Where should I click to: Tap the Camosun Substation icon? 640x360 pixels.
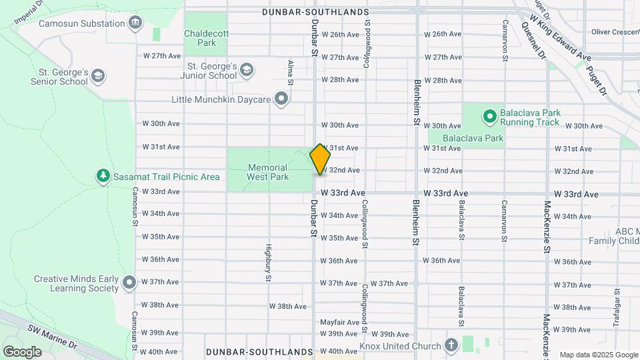point(136,23)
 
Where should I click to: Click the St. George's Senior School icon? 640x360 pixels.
point(99,75)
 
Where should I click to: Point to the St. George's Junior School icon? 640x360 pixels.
point(247,70)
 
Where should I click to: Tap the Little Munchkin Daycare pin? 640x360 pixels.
point(282,100)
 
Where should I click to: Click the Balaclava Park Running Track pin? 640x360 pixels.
point(489,117)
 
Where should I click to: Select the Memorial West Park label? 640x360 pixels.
point(267,172)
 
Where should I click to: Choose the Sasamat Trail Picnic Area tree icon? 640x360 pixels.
point(103,176)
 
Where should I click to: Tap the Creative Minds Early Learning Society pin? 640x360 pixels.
point(129,283)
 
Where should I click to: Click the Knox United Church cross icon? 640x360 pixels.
point(451,345)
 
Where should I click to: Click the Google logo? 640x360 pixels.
point(22,351)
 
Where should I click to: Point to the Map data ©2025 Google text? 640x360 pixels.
point(598,355)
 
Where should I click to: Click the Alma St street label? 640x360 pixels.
point(290,73)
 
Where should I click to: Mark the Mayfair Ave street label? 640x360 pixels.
point(339,322)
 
